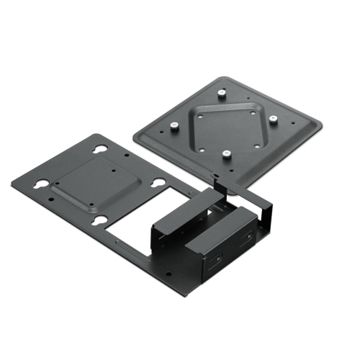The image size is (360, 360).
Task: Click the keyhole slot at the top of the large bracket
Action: point(101,150)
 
